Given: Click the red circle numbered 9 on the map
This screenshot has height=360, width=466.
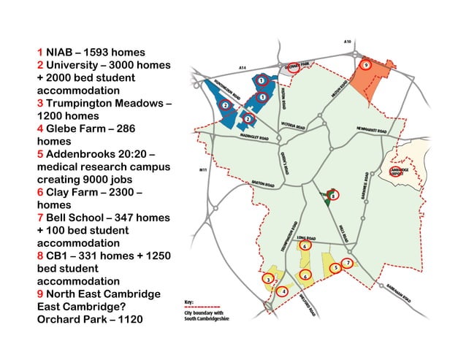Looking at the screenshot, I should pos(366,65).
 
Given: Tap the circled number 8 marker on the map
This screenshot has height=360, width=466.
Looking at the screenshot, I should pos(333,195).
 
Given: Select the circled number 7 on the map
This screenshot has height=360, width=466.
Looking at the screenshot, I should pos(348,262).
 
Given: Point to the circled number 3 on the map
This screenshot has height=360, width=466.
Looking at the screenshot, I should pos(269,279).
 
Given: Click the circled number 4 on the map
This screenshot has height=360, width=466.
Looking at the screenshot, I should pos(284,291).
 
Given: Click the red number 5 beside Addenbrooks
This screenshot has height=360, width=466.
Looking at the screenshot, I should pos(40,155).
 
